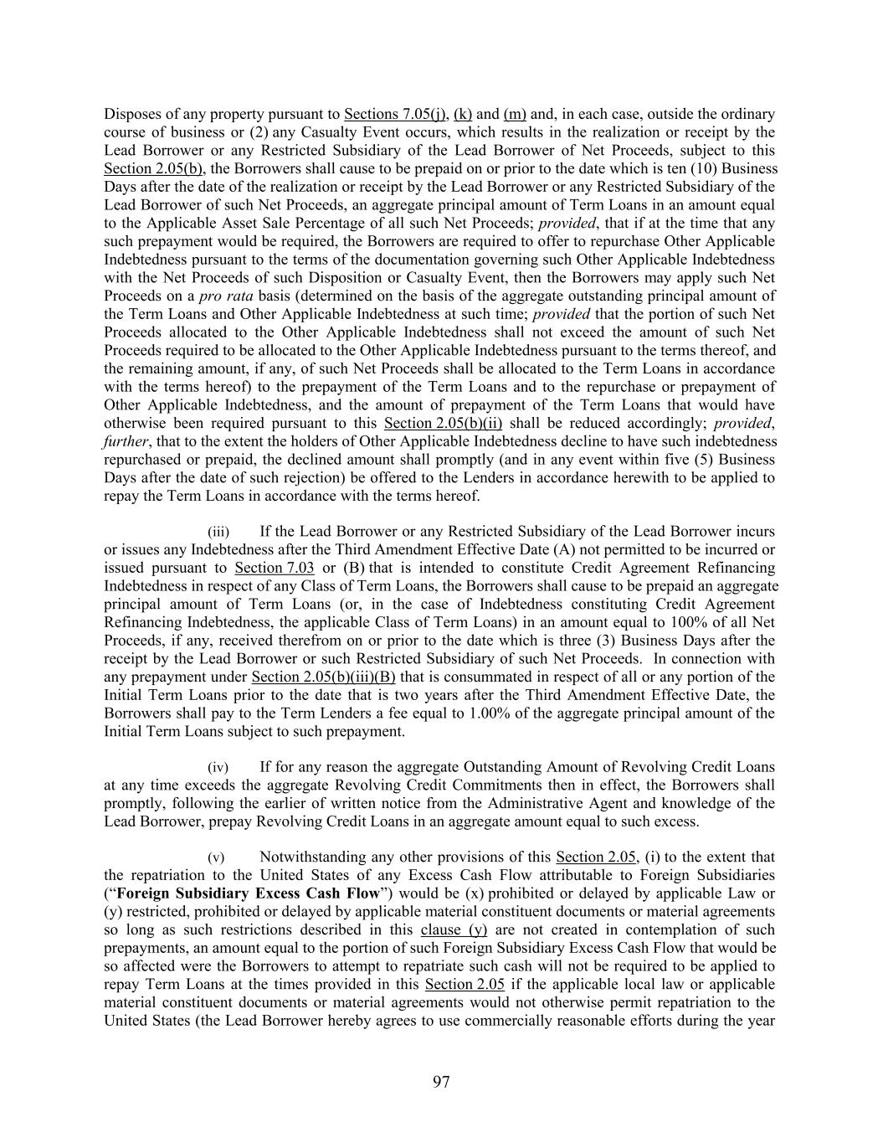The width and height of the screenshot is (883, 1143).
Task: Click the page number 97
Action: pyautogui.click(x=441, y=1083)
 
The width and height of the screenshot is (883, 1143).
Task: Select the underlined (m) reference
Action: pyautogui.click(x=515, y=114)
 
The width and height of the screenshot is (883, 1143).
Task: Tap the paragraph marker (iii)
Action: pyautogui.click(x=218, y=532)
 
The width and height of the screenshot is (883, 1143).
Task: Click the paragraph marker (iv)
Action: pyautogui.click(x=218, y=767)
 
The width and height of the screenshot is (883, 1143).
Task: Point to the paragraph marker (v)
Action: pyautogui.click(x=216, y=857)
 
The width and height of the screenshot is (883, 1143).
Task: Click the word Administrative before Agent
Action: pyautogui.click(x=654, y=804)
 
